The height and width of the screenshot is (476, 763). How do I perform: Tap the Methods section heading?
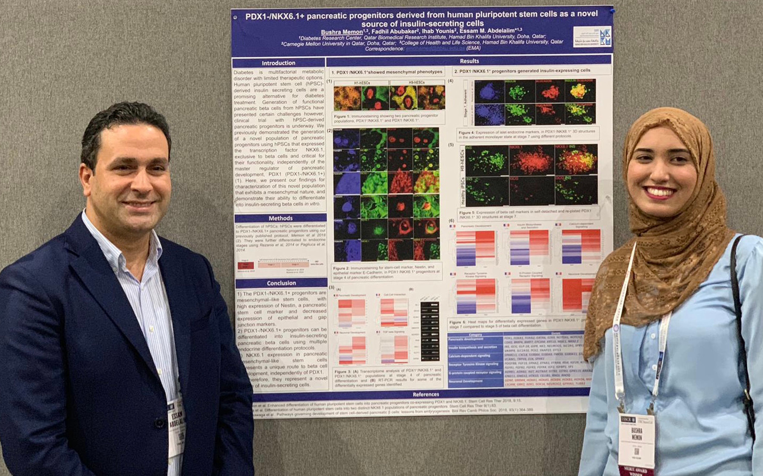coord(280,218)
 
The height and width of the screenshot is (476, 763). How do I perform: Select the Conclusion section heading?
coord(281,283)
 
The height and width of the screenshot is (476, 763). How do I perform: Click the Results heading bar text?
coord(469,61)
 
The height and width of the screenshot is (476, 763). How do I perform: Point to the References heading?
coord(426,394)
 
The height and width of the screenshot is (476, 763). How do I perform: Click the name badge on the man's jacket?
coord(176,427)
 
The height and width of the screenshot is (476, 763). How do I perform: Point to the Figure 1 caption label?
coord(342,116)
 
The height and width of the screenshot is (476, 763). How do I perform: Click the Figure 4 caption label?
coord(466,132)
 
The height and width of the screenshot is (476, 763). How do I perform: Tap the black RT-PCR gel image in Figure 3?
coord(429,331)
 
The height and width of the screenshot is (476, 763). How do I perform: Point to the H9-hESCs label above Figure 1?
coord(417,82)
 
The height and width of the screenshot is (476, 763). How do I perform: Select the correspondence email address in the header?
coord(435,49)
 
